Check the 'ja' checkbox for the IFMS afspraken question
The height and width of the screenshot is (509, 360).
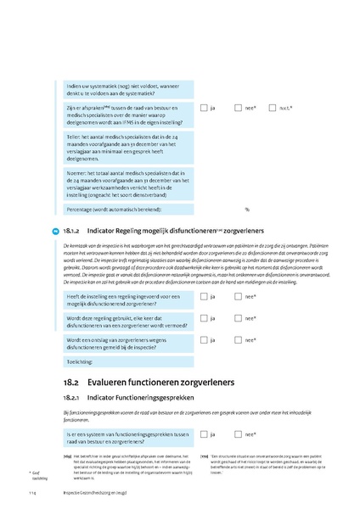205,108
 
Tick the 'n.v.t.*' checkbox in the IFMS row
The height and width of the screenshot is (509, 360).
273,108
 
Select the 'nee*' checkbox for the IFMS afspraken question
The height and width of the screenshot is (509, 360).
239,108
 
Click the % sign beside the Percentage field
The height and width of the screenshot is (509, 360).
247,208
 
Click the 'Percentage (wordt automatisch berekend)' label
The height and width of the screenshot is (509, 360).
114,209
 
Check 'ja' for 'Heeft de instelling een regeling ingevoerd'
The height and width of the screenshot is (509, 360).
205,296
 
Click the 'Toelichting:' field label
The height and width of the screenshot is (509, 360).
82,360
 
